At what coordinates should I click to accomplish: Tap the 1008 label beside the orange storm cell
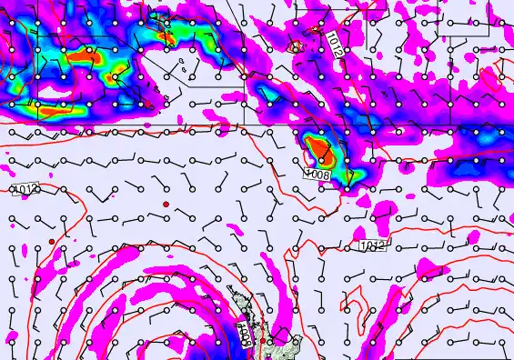[317, 173]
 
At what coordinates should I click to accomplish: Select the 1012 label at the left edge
[26, 189]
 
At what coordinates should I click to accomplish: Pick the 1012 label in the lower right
[372, 246]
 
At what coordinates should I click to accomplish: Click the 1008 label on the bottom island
[244, 334]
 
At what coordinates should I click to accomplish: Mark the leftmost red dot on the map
[52, 241]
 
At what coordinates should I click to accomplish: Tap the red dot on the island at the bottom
[261, 342]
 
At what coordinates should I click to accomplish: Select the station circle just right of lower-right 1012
[398, 246]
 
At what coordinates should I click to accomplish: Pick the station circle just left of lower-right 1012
[347, 246]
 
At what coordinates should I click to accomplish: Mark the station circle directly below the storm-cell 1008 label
[321, 189]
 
